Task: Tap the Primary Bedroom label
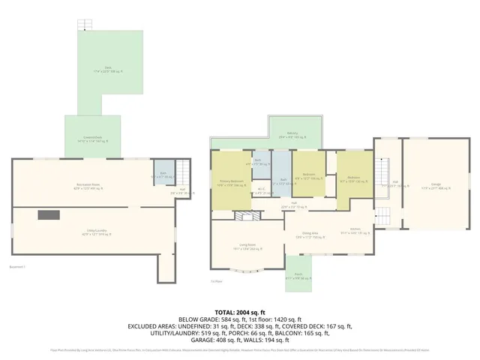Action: (x=231, y=182)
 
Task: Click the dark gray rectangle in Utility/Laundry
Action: (x=49, y=215)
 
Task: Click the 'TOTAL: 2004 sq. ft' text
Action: (x=240, y=310)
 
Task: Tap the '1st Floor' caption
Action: (x=216, y=281)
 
